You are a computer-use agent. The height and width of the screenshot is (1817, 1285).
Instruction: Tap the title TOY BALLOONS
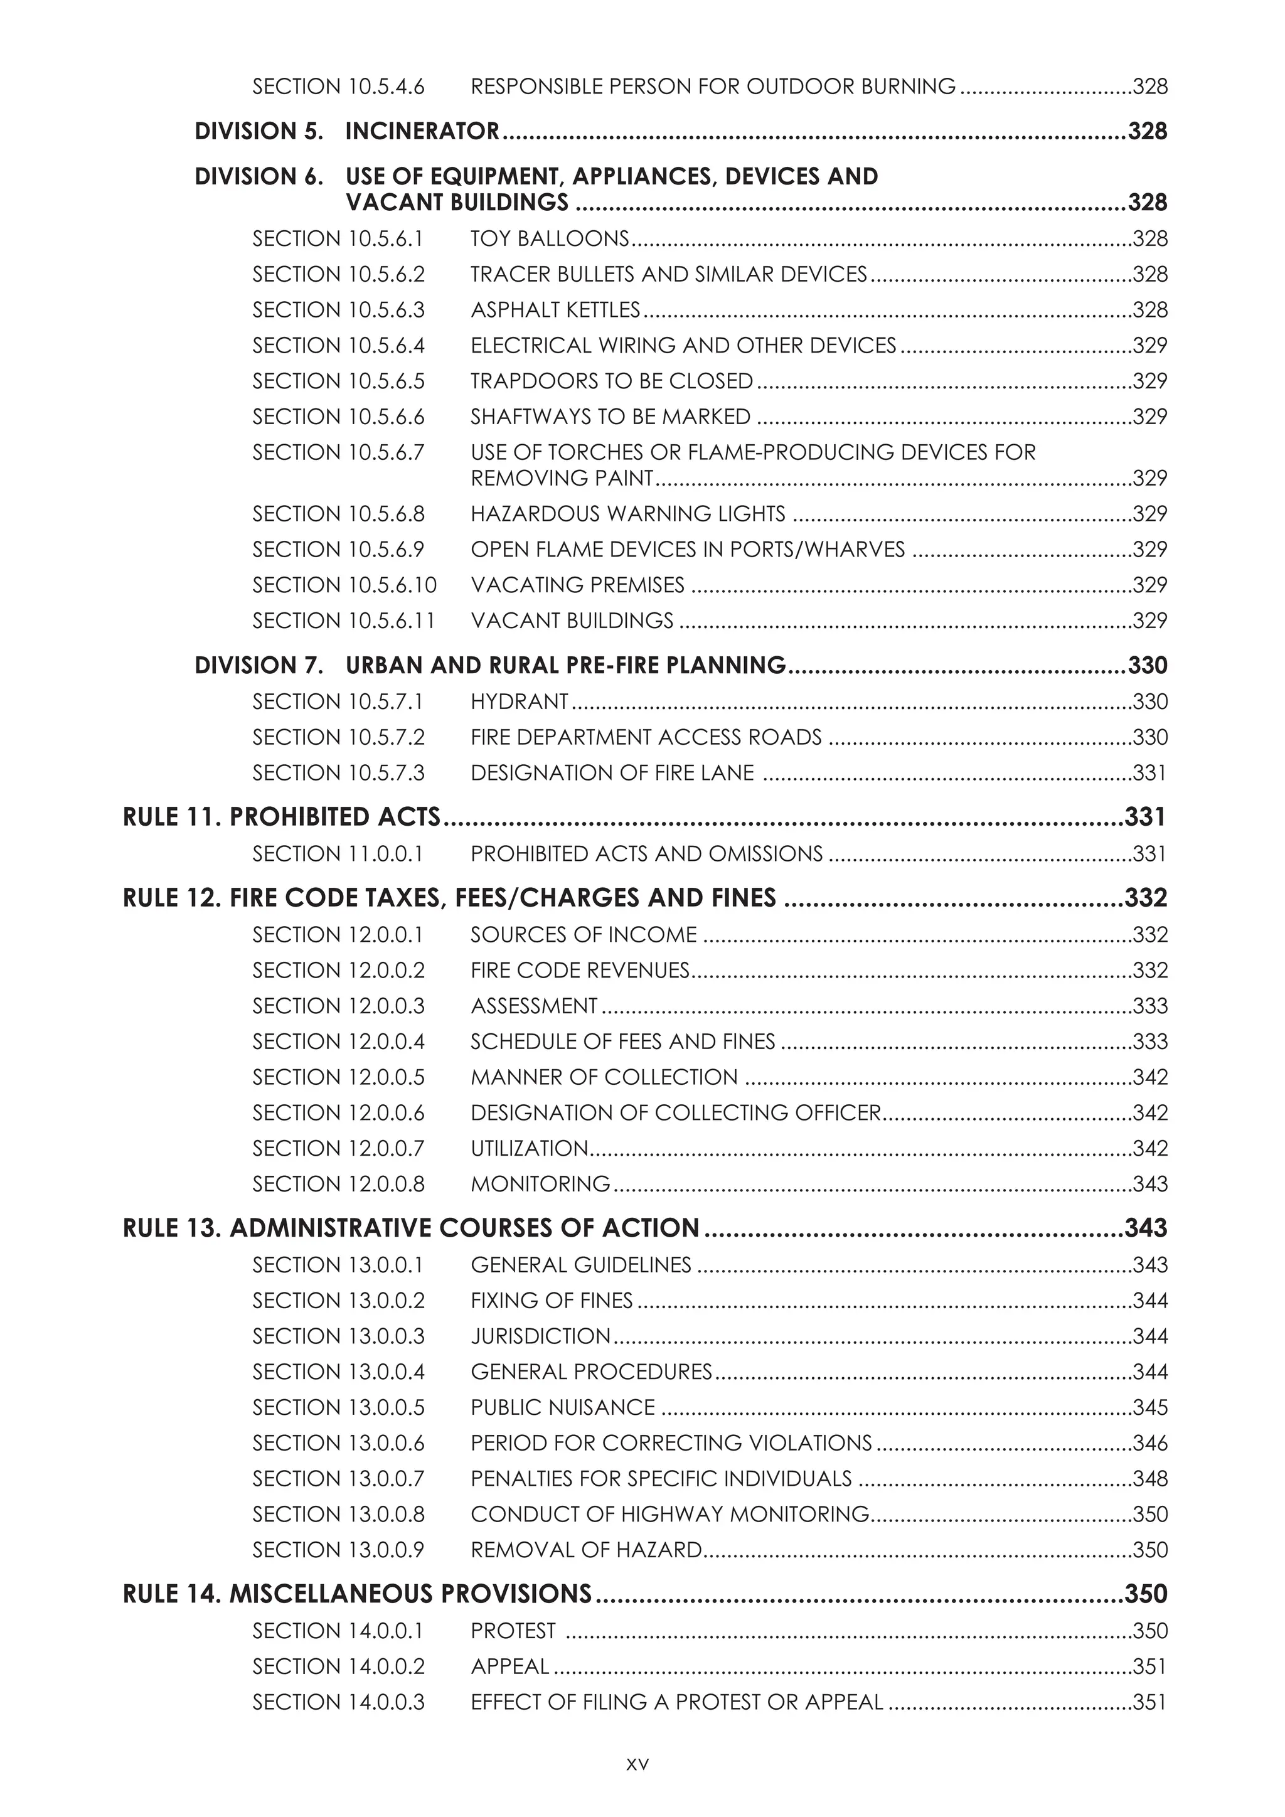coord(549,239)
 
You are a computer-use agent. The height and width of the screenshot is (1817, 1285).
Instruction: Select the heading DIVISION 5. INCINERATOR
coord(346,131)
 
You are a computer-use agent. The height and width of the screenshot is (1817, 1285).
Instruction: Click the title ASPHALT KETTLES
coord(555,310)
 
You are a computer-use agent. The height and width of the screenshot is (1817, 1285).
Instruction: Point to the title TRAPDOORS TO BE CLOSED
coord(611,381)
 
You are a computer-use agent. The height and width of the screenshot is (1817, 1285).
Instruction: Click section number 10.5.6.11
coord(343,621)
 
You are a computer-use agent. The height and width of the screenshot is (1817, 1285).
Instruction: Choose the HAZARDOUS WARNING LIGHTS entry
coord(627,514)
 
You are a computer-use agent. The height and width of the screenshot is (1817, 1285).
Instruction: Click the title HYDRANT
coord(519,702)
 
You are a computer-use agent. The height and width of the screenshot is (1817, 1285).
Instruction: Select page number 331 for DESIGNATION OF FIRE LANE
coord(1149,773)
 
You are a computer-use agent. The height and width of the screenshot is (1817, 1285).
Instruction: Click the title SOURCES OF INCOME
coord(583,935)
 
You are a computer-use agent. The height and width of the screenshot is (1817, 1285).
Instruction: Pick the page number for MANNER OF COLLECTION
coord(1149,1077)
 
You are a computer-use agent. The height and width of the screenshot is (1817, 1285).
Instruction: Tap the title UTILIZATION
coord(530,1148)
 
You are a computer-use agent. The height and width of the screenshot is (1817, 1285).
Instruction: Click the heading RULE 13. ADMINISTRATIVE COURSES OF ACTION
coord(411,1227)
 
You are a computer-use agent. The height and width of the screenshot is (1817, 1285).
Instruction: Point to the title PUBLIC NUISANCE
coord(563,1407)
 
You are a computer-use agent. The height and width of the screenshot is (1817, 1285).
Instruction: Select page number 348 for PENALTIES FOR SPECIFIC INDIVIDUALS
coord(1149,1478)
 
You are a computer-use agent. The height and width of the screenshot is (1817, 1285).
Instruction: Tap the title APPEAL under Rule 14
coord(509,1666)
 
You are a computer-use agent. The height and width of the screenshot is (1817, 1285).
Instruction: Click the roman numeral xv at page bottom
coord(637,1764)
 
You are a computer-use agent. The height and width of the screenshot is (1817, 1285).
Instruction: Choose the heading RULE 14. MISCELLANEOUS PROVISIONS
coord(357,1593)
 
